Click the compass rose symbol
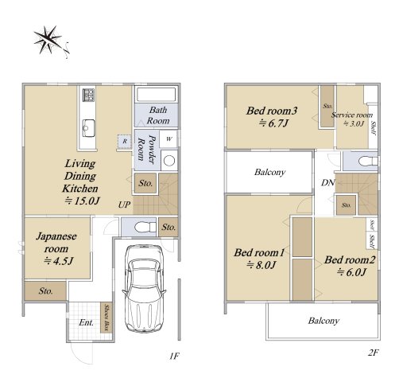[50, 41]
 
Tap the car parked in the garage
[144, 288]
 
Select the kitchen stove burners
[88, 95]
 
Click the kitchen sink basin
[88, 128]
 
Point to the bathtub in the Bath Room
[156, 94]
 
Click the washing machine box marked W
[169, 138]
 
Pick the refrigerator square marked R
[125, 141]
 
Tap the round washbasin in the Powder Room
[169, 160]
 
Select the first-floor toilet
[145, 227]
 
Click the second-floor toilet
[368, 161]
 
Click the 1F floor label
[174, 356]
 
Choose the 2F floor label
[373, 353]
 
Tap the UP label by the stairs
[124, 205]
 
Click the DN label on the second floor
[328, 182]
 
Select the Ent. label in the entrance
[87, 322]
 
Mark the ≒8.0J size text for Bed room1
[261, 265]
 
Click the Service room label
[352, 115]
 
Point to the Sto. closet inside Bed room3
[327, 106]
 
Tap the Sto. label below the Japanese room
[46, 291]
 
